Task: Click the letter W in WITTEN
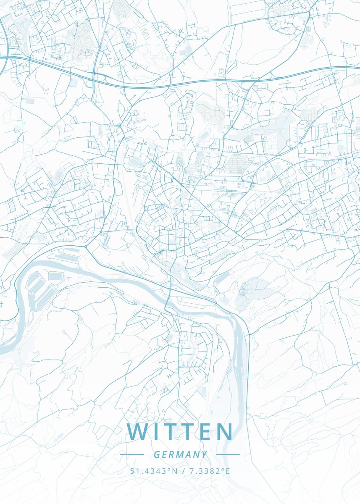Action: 137,432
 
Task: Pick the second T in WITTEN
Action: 188,432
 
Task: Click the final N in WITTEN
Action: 224,432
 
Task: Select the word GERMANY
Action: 180,454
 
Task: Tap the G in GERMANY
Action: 156,454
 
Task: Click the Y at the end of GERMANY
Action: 205,454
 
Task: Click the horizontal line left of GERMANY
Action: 132,454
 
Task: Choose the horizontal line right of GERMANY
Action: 228,454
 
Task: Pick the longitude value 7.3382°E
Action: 208,471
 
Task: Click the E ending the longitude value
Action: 228,471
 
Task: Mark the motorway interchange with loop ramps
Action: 95,78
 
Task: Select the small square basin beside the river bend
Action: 55,276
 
